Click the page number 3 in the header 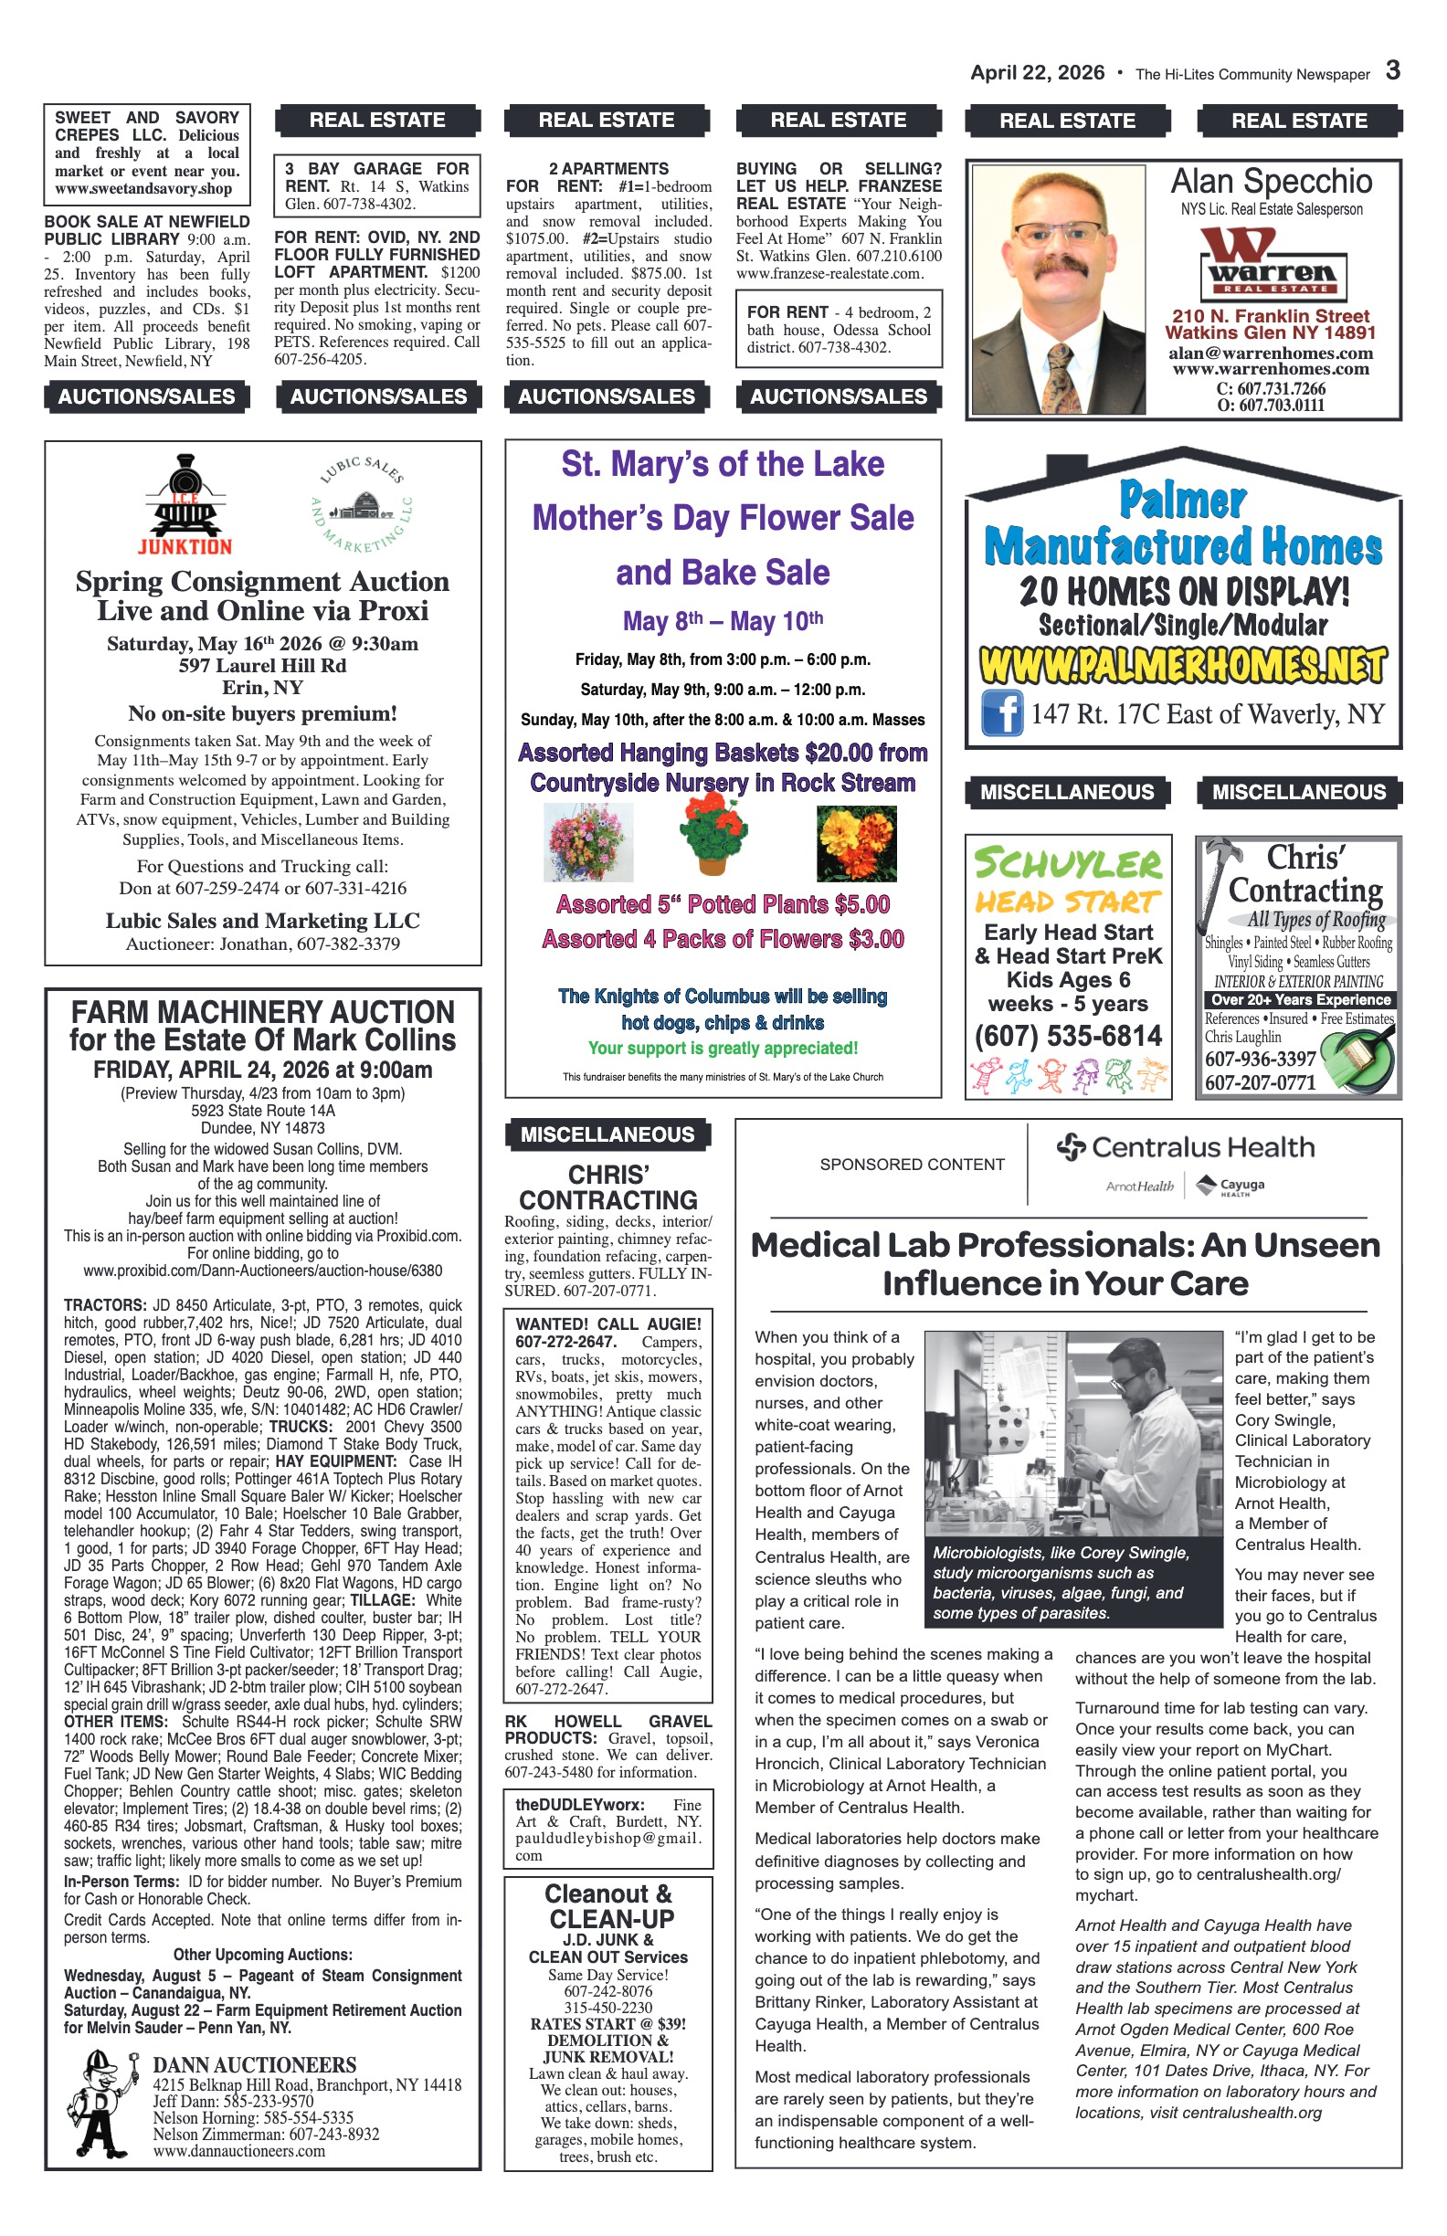(1392, 70)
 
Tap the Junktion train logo (185, 504)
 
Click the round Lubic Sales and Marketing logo (362, 504)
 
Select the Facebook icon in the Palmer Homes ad (1001, 713)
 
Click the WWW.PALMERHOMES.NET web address (1182, 665)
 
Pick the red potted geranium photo (713, 834)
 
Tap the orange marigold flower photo (856, 844)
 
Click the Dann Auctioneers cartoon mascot (102, 2104)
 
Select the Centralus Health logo (1186, 1147)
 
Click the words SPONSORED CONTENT (912, 1165)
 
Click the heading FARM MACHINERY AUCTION (263, 1012)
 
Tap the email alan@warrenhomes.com (1271, 353)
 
